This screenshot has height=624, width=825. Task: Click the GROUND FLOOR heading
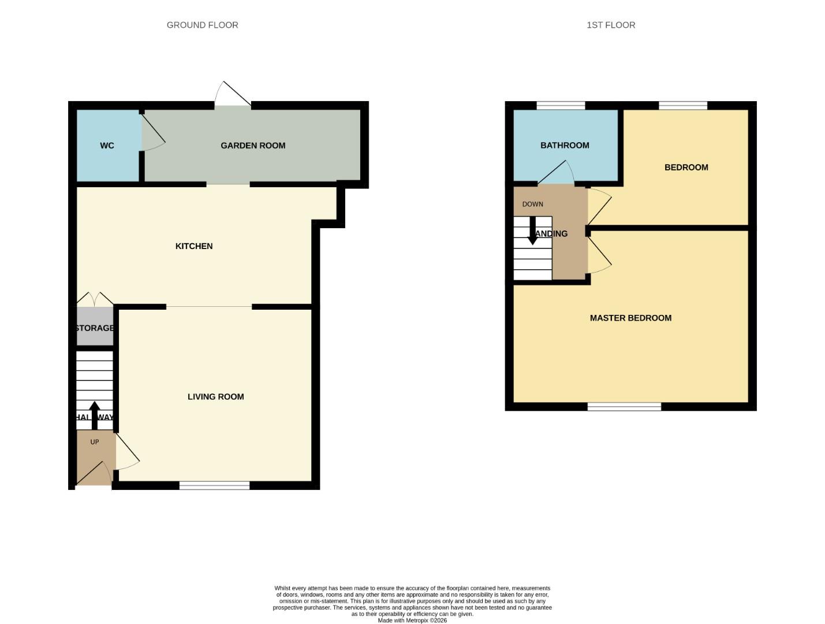[x=202, y=25]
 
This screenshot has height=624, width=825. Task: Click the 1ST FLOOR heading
[x=611, y=25]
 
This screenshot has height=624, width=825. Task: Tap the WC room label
[x=107, y=146]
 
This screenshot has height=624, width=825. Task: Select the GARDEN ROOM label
[x=253, y=146]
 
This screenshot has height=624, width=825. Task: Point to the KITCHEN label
[x=194, y=246]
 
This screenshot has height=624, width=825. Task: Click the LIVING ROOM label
[x=215, y=396]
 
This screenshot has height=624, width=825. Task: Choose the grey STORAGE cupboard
[x=95, y=328]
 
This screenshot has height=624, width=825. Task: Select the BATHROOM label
[x=565, y=146]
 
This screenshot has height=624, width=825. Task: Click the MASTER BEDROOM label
[x=630, y=318]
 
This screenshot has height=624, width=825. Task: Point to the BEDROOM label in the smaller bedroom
[x=686, y=168]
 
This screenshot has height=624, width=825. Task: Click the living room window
[x=214, y=485]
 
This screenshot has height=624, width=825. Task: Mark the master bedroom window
[x=624, y=407]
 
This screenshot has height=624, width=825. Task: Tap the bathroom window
[x=561, y=105]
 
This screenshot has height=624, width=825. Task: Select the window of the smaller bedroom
[x=683, y=105]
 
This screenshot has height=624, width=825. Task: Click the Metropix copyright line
[x=412, y=621]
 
